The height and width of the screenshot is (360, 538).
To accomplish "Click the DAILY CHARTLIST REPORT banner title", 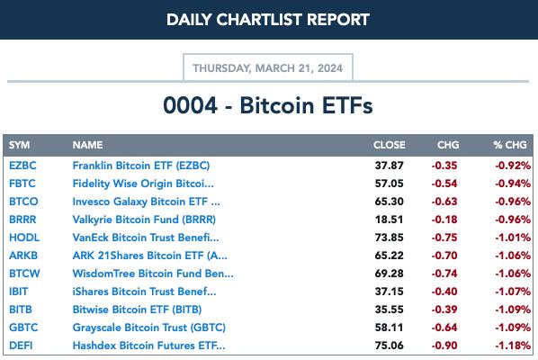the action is [268, 20].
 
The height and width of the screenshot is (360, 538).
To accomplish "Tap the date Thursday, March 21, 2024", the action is [267, 68].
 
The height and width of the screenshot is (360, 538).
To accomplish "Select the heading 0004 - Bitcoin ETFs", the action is [268, 105].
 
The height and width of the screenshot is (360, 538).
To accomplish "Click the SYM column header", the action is [19, 145].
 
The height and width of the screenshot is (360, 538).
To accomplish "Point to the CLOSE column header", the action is [389, 145].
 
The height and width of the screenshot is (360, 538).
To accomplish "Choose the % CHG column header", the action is [510, 145].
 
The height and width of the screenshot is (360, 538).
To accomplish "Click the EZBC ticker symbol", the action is [22, 166].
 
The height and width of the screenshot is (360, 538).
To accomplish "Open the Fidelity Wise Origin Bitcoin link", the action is [143, 184].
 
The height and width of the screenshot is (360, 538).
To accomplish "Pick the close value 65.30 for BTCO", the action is [389, 202].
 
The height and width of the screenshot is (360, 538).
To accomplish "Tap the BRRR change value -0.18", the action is [444, 220].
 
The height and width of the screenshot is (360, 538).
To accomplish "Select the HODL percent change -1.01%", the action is [513, 238].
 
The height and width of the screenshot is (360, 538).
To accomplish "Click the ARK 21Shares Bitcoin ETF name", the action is [149, 256].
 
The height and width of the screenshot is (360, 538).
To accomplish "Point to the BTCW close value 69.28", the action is [389, 274].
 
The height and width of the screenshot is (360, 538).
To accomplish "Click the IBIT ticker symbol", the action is [19, 292].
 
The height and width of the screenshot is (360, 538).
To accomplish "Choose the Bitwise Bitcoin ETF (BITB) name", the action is [137, 310].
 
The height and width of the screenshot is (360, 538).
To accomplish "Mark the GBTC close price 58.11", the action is [389, 328].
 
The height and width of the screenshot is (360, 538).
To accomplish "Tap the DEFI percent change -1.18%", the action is [513, 346].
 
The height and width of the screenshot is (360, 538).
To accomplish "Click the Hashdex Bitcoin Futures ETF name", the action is [149, 346].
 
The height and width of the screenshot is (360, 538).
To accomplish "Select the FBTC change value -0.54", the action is [444, 184].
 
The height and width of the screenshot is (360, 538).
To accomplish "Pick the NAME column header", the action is [87, 145].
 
